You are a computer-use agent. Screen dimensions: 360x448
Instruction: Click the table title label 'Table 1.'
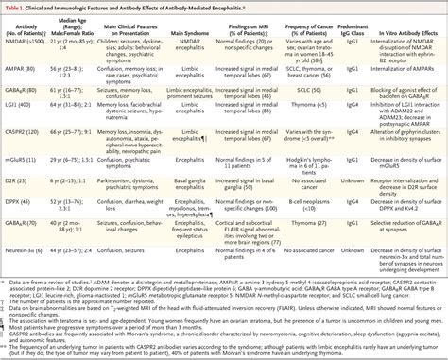[x=20, y=7]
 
